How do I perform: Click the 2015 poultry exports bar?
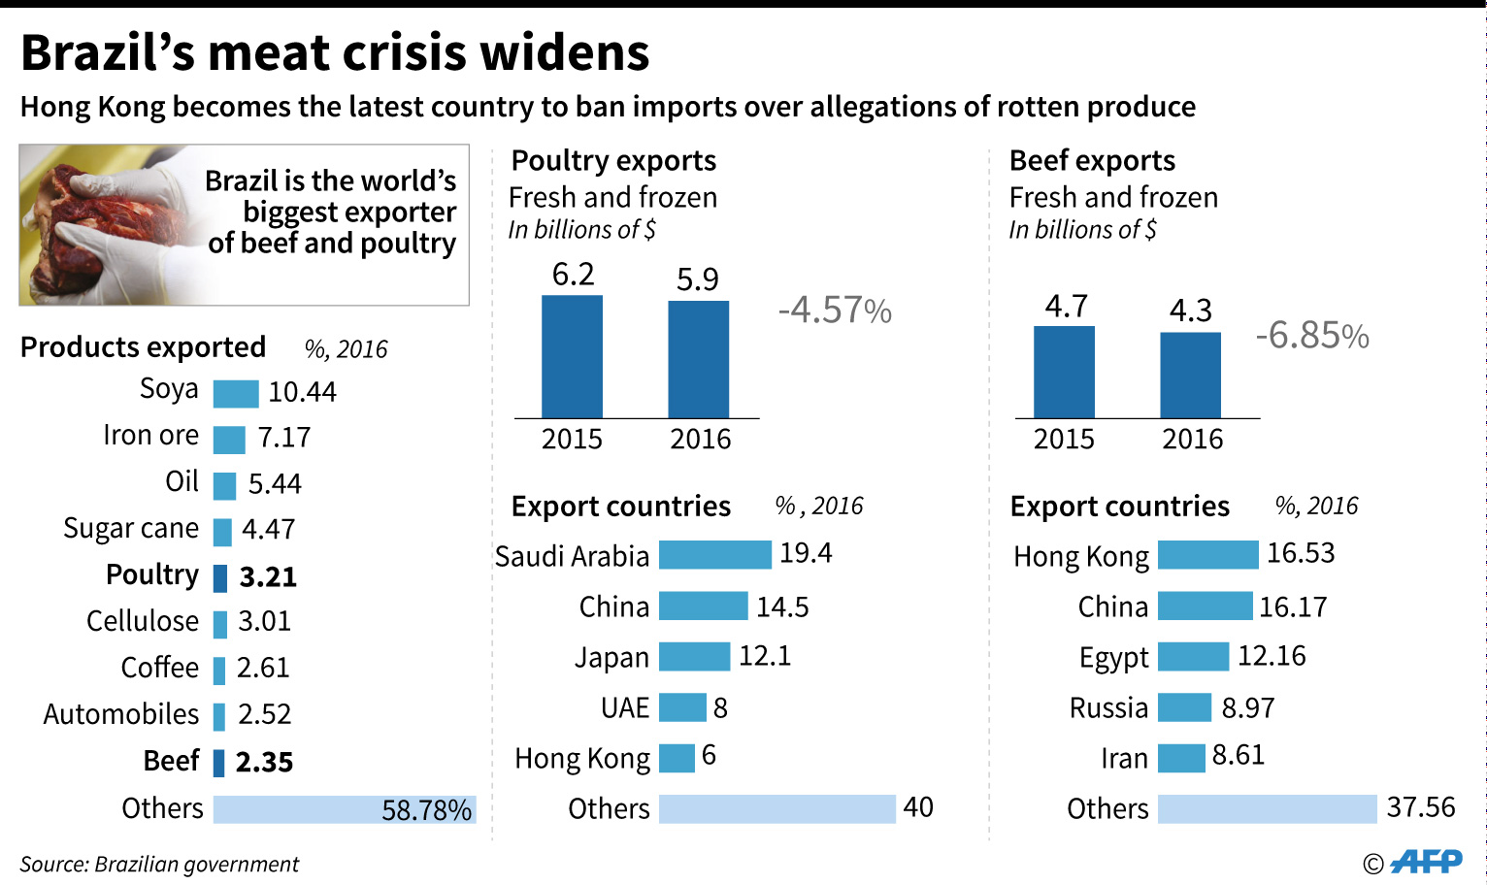coord(572,356)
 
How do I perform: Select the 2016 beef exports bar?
coord(1190,375)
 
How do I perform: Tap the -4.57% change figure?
coord(835,311)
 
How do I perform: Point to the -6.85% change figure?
coord(1312,336)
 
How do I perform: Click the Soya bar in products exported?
coord(236,393)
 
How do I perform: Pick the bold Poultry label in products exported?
coord(152,574)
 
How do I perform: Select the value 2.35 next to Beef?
coord(264,762)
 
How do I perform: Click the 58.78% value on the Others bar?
coord(426,810)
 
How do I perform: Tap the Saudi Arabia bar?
coord(714,555)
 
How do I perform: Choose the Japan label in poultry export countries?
coord(611,658)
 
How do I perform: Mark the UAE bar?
coord(682,707)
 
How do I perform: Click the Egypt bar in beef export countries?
coord(1193,657)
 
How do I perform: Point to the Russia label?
coord(1108,708)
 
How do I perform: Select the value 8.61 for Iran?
coord(1238,756)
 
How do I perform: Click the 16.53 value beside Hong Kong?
coord(1301,553)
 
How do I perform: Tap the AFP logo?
coord(1426,861)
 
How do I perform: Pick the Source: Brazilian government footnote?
coord(159,865)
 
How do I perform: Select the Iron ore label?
coord(150,436)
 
